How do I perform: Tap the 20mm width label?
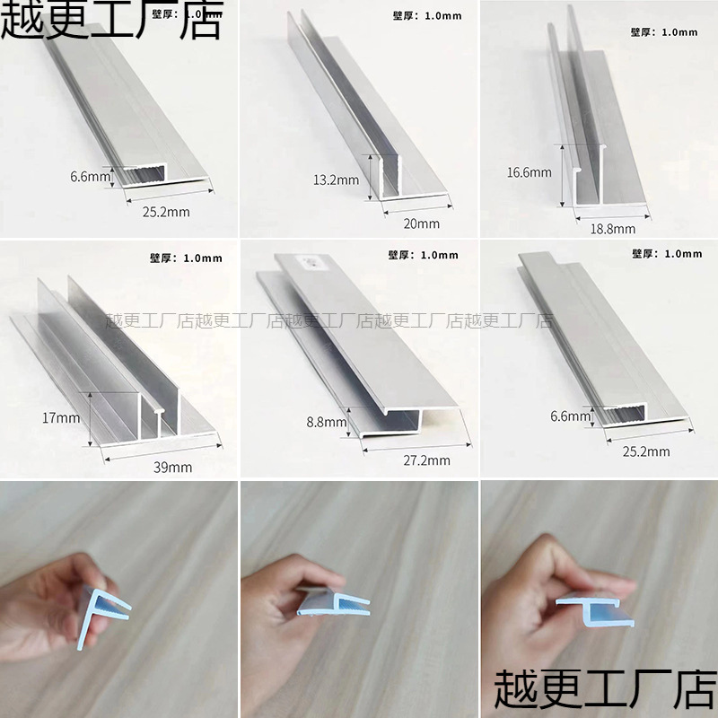[x=422, y=223]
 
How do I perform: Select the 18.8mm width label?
[x=613, y=228]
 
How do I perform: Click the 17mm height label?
[x=61, y=417]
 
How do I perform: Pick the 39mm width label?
[x=172, y=467]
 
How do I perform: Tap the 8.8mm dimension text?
[x=327, y=421]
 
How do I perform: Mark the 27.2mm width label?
[x=427, y=460]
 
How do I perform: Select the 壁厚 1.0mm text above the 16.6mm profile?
[x=663, y=32]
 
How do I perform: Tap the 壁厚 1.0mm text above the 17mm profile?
[x=186, y=258]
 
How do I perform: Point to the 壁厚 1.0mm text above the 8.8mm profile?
[x=424, y=255]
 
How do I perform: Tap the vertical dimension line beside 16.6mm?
[x=563, y=175]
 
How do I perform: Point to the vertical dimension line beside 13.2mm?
[x=368, y=177]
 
